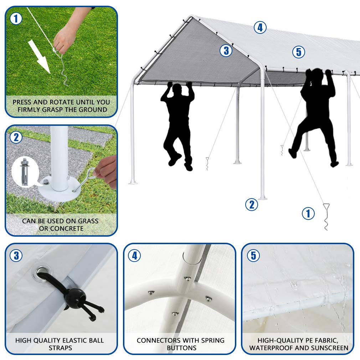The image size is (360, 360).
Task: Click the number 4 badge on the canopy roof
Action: pos(260,27)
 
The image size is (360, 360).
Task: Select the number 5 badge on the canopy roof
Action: pos(299,52)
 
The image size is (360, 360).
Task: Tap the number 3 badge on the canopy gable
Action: pos(226,51)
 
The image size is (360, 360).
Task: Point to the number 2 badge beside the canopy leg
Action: pos(251,205)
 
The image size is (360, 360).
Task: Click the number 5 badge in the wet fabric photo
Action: pos(253,256)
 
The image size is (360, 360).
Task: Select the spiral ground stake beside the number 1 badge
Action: pos(326,216)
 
